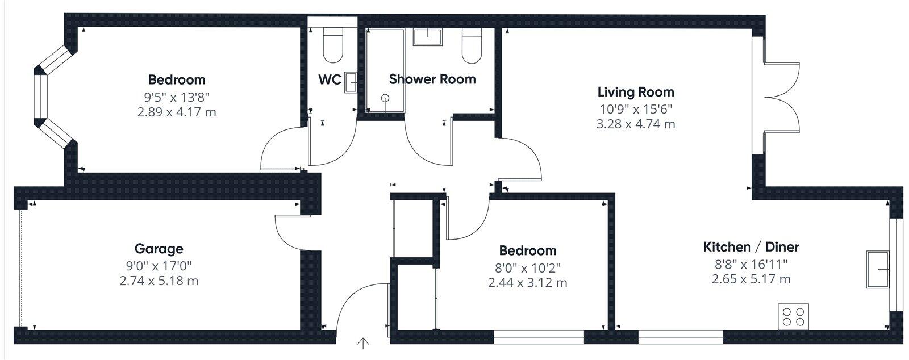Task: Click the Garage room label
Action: [x=159, y=249]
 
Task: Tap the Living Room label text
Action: [x=636, y=92]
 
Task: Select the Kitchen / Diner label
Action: [x=751, y=247]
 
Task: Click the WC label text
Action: [x=330, y=79]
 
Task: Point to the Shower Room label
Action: [x=432, y=79]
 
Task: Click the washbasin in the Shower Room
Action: [x=427, y=37]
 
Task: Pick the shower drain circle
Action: [x=386, y=97]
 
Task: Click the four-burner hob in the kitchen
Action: [x=793, y=316]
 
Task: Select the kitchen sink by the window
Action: [x=878, y=269]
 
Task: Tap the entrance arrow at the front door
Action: [x=362, y=344]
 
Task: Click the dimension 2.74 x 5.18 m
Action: [x=159, y=281]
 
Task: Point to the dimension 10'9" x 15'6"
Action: [x=635, y=108]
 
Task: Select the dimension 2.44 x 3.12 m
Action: [x=527, y=282]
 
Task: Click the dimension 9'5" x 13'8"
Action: [x=176, y=96]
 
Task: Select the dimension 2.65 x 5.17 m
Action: [x=750, y=279]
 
